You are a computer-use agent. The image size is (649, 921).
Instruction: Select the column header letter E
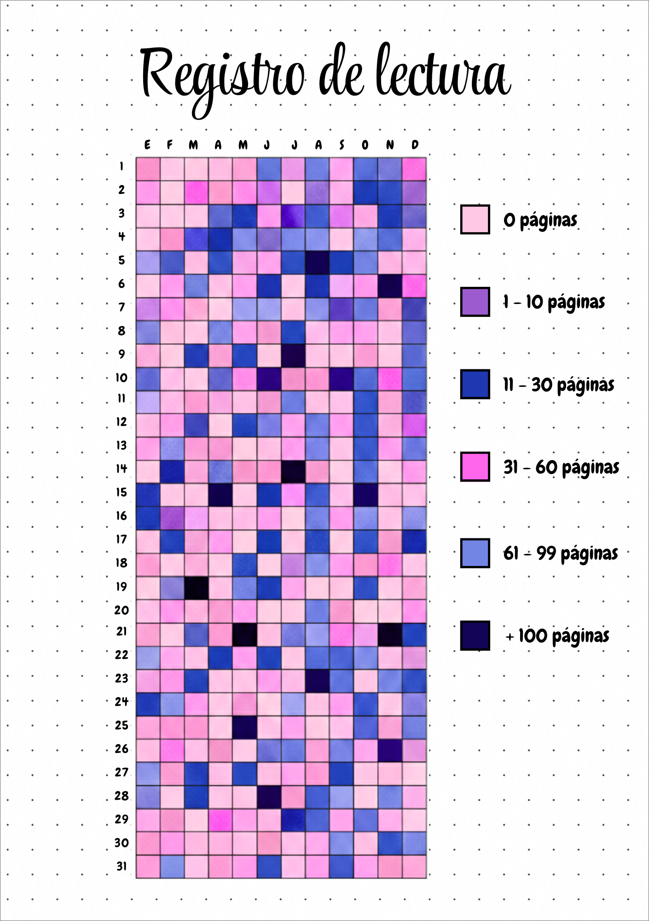click(x=147, y=145)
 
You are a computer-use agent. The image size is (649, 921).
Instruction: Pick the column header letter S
click(x=342, y=145)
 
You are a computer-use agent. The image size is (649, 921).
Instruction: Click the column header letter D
click(x=415, y=145)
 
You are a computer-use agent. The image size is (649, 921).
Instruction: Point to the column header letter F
click(x=170, y=145)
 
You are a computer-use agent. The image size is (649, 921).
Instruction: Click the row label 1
click(x=122, y=166)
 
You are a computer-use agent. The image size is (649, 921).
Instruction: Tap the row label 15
click(x=121, y=492)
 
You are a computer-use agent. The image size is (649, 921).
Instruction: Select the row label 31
click(x=121, y=866)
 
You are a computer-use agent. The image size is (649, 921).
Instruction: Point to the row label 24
click(x=121, y=701)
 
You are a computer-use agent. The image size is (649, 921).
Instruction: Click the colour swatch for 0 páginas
click(x=475, y=219)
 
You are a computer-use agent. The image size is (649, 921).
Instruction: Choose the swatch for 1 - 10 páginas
click(x=475, y=302)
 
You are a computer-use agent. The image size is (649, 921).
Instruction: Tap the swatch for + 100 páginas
click(x=475, y=635)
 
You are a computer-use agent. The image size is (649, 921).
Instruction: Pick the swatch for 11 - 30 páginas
click(x=475, y=384)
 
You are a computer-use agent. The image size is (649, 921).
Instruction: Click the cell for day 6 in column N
click(x=390, y=286)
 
